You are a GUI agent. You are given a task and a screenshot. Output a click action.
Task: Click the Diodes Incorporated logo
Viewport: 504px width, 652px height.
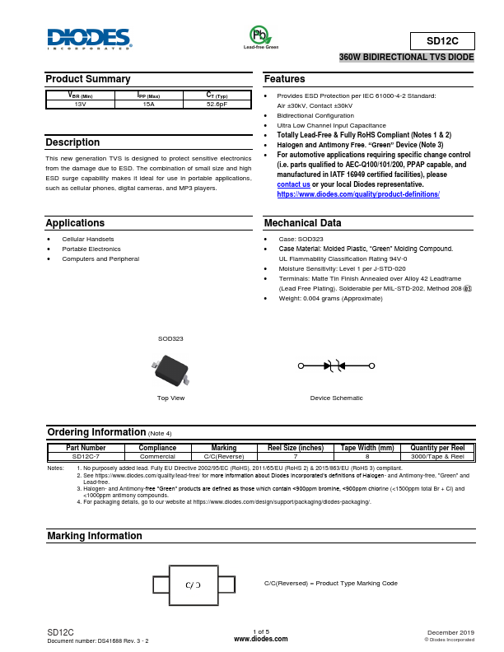pyautogui.click(x=89, y=39)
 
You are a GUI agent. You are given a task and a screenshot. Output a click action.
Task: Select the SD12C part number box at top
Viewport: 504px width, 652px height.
pyautogui.click(x=441, y=40)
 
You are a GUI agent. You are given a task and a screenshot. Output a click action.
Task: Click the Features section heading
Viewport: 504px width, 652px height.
pyautogui.click(x=285, y=79)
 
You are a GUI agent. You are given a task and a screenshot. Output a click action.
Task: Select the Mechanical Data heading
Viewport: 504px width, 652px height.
pyautogui.click(x=302, y=223)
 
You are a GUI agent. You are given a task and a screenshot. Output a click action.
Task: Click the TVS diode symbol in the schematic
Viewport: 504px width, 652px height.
pyautogui.click(x=336, y=366)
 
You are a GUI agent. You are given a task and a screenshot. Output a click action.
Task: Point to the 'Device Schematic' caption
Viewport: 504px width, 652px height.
pyautogui.click(x=336, y=398)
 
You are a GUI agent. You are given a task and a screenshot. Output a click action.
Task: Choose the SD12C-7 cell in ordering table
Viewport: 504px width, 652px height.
pyautogui.click(x=86, y=456)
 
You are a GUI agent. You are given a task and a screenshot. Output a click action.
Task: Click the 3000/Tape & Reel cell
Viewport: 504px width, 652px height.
pyautogui.click(x=437, y=456)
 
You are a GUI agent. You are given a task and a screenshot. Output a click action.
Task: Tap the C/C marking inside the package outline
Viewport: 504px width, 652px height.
pyautogui.click(x=194, y=584)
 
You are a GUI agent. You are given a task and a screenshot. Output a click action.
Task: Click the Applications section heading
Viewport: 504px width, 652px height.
pyautogui.click(x=75, y=223)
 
